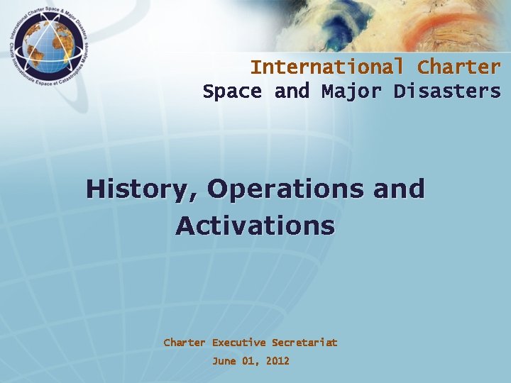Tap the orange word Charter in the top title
[x=458, y=67]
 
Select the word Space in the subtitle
[x=232, y=91]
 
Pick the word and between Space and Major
[x=292, y=91]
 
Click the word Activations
[x=255, y=226]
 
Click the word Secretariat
[x=304, y=343]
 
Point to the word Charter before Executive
[x=185, y=343]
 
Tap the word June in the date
[x=224, y=361]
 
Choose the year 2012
[x=278, y=361]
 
